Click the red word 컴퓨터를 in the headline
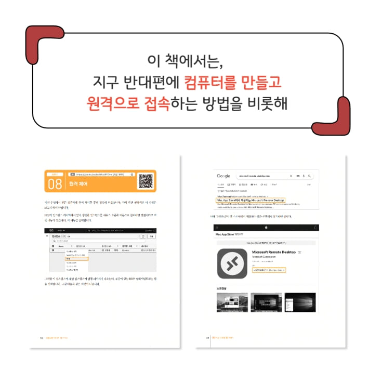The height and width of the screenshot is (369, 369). (207, 82)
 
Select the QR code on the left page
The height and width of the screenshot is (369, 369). (146, 181)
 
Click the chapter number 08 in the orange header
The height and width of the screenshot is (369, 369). (55, 184)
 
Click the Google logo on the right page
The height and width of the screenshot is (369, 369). (224, 176)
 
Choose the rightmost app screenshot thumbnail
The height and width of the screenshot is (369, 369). (300, 302)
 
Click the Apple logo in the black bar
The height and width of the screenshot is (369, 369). (266, 227)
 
